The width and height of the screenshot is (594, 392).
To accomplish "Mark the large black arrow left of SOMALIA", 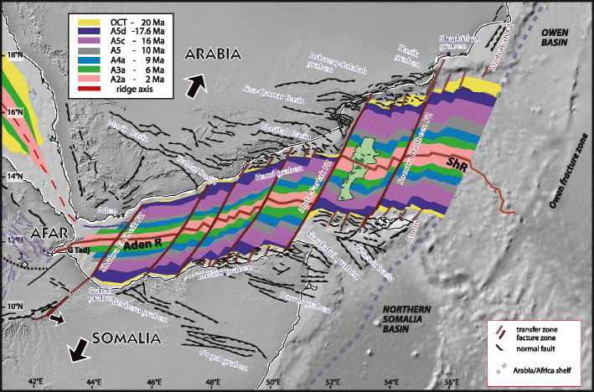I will (x=78, y=352).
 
